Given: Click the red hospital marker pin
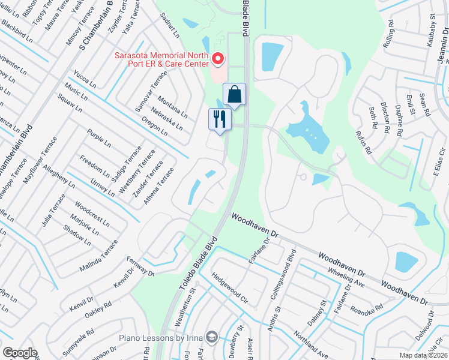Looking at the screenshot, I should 217,59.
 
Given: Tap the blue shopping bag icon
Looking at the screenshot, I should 234,95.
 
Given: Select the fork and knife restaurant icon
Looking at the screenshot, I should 220,118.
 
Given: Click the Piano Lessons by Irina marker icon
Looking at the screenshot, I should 211,336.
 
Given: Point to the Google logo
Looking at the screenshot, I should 20,352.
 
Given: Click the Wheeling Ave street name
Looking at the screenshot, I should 347,275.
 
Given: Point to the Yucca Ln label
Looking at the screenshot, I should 85,79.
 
